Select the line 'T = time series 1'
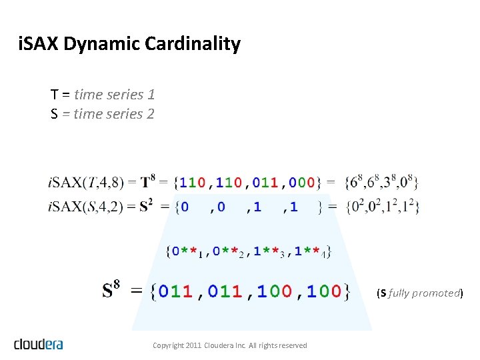pos(103,95)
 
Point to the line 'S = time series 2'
pos(103,114)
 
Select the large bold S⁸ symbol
pos(112,291)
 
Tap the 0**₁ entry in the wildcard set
pos(186,252)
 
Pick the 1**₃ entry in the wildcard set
pos(271,252)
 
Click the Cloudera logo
pos(38,344)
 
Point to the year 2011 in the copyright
pos(193,345)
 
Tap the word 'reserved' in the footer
pos(292,345)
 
